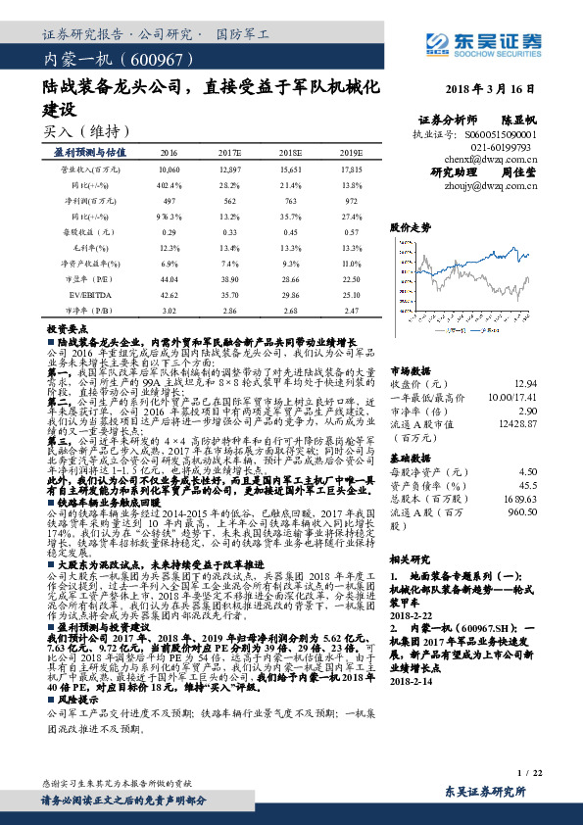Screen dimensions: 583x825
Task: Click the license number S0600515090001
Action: click(x=502, y=131)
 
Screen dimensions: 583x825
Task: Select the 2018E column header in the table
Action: click(x=291, y=154)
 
